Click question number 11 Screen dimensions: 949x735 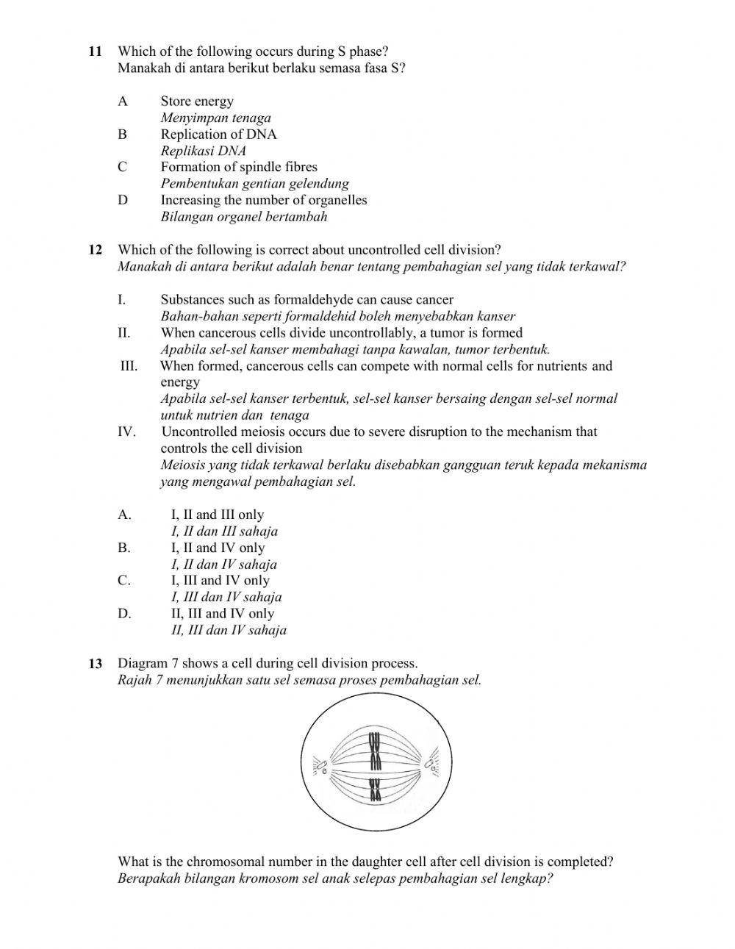95,51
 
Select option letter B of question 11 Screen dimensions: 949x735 122,135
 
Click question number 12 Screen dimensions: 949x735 96,250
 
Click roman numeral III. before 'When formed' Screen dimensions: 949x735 129,366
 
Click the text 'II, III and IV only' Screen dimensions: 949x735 222,613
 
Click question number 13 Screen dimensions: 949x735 96,664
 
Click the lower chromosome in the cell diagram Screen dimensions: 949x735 376,789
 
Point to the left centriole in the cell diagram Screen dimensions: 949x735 321,766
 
